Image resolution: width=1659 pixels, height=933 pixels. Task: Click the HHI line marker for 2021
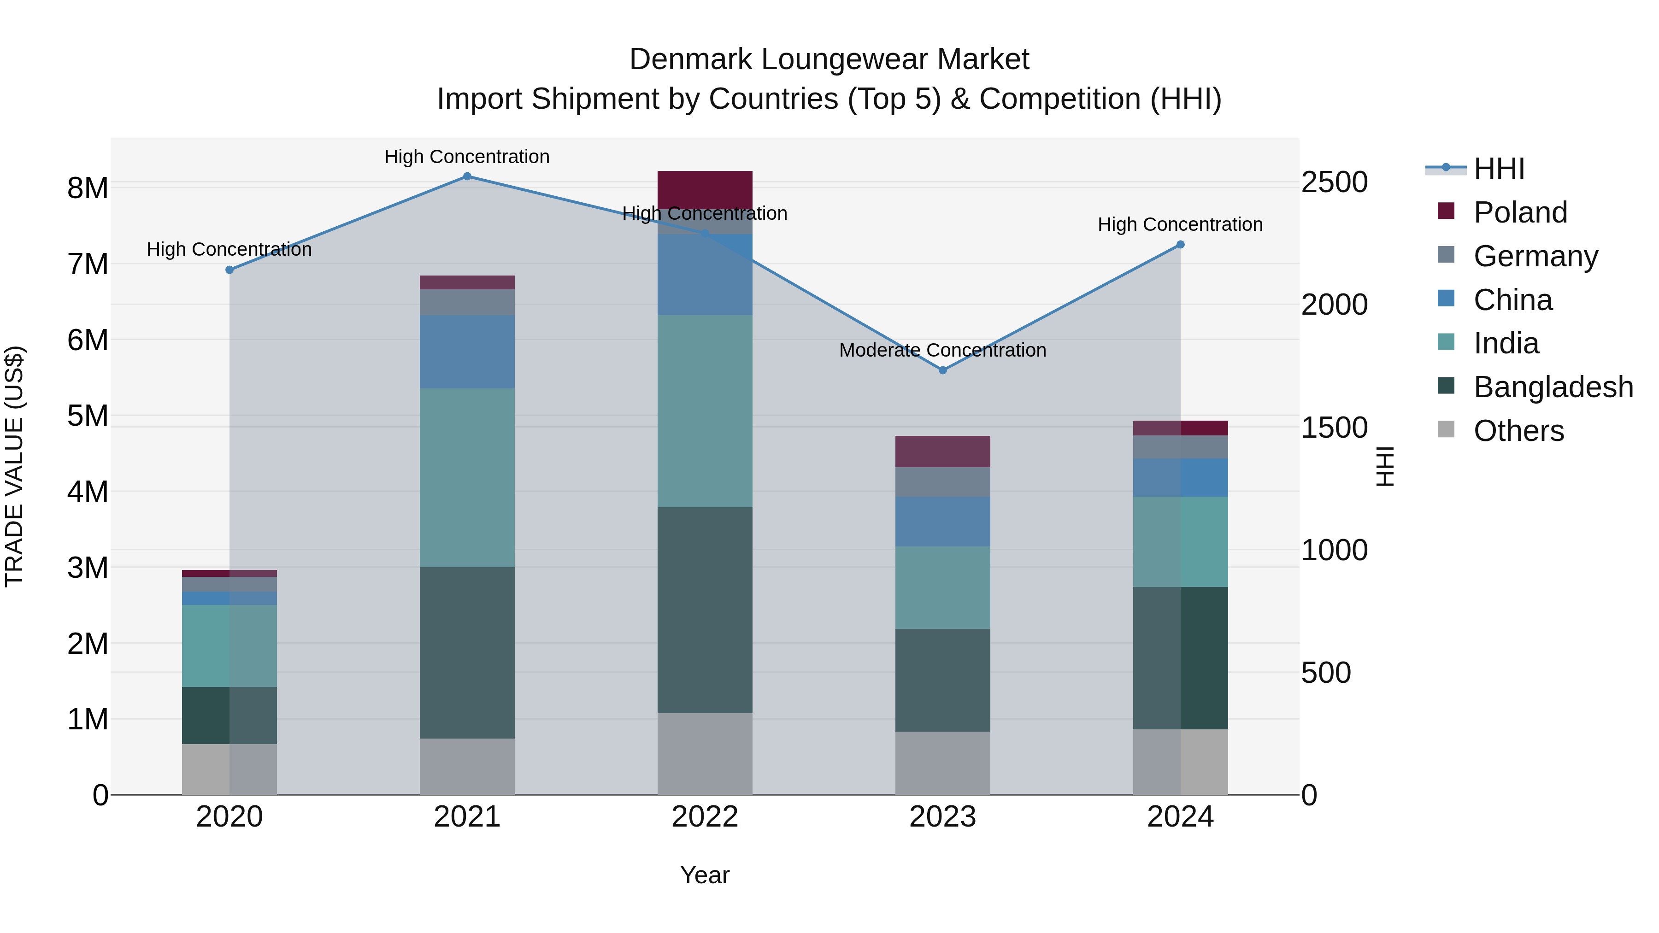point(467,176)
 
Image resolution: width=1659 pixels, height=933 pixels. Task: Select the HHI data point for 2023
point(942,370)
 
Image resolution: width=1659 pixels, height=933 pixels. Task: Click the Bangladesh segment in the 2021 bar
point(467,652)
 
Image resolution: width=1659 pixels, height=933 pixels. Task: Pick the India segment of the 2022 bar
point(705,411)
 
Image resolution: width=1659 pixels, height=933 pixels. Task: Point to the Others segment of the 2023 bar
point(942,763)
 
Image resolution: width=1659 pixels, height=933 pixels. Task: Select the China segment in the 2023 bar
point(942,521)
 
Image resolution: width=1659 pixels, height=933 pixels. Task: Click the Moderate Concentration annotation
point(942,350)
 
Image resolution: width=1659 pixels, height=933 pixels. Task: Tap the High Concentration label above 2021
point(467,157)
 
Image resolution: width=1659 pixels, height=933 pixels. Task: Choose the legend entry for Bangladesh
point(1553,387)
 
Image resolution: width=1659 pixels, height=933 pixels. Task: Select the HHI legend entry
point(1499,169)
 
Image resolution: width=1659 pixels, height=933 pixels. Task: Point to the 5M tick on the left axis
point(88,416)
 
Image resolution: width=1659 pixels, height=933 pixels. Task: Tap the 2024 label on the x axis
point(1180,817)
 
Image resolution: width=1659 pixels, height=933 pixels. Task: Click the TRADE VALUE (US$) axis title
point(15,466)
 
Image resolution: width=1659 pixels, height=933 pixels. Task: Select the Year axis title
point(705,875)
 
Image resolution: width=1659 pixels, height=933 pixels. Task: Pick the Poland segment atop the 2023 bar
point(942,452)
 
